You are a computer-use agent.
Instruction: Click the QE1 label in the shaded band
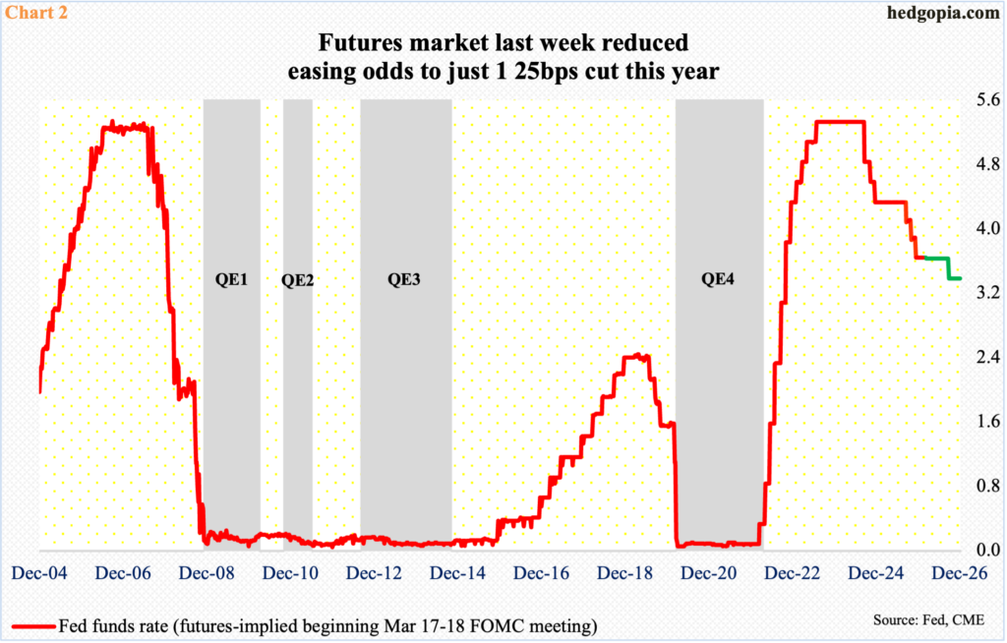[231, 279]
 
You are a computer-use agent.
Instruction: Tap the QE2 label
[297, 279]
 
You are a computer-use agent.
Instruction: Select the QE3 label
[404, 279]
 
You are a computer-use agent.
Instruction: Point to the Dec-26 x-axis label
[962, 572]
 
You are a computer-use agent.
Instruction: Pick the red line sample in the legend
[32, 624]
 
